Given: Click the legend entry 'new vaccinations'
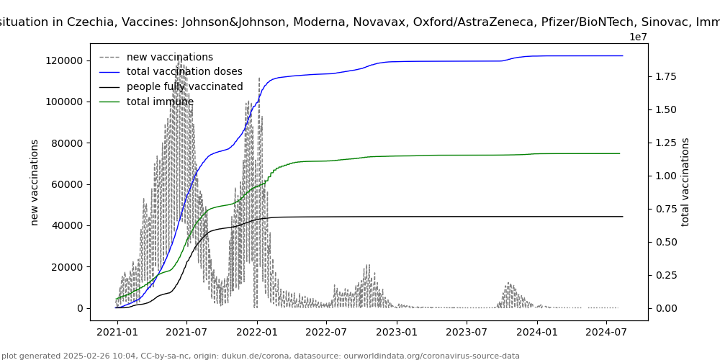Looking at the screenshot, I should [169, 57].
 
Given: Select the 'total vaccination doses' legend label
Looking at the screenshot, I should [184, 72].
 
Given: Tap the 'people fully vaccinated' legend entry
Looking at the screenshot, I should [184, 87].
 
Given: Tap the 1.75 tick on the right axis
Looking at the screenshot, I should [667, 76].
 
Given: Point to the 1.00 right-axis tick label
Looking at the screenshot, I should [667, 176].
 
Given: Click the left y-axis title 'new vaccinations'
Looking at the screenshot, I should [35, 182].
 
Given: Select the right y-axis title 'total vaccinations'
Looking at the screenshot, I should [685, 182].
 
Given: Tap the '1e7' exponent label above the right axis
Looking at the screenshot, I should [639, 37].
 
